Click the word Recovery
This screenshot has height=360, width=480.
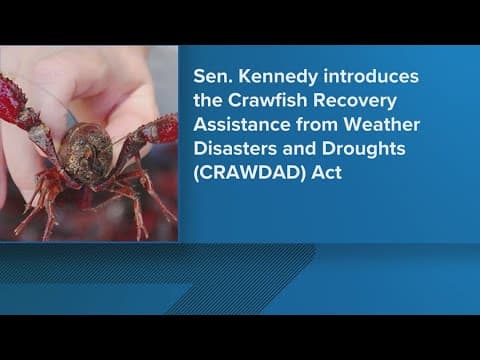coord(371,103)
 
